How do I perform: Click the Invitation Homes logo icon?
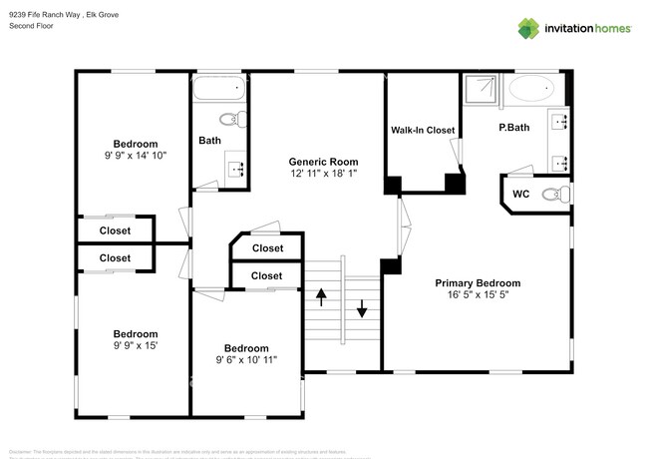tap(528, 29)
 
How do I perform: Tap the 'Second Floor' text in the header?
tap(31, 26)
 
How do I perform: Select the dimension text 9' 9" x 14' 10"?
tap(135, 156)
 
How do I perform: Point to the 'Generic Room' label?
tap(323, 162)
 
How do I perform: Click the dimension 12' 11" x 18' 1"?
tap(323, 174)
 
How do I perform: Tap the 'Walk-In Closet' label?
tap(423, 131)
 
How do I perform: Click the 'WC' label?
tap(520, 194)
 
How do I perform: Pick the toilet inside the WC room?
tap(554, 194)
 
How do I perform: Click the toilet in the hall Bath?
tap(230, 120)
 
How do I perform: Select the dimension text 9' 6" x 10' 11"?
tap(246, 360)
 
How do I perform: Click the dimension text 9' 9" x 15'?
tap(135, 346)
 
